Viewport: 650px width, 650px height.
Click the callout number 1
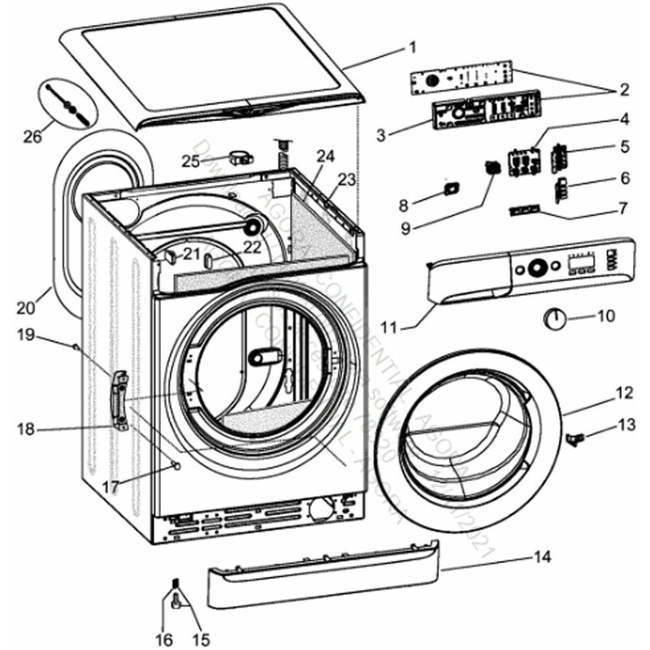click(x=412, y=46)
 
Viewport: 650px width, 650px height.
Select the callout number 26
click(x=32, y=136)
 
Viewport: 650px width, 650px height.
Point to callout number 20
click(x=25, y=307)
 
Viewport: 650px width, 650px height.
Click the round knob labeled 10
click(x=555, y=317)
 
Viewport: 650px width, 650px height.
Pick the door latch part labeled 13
click(x=575, y=439)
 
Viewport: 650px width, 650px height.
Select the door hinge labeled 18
click(x=121, y=398)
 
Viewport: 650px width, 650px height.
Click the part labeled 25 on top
click(x=239, y=156)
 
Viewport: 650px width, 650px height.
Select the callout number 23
click(x=348, y=181)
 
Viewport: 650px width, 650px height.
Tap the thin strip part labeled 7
click(x=522, y=210)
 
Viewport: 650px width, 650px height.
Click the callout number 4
click(x=624, y=119)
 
